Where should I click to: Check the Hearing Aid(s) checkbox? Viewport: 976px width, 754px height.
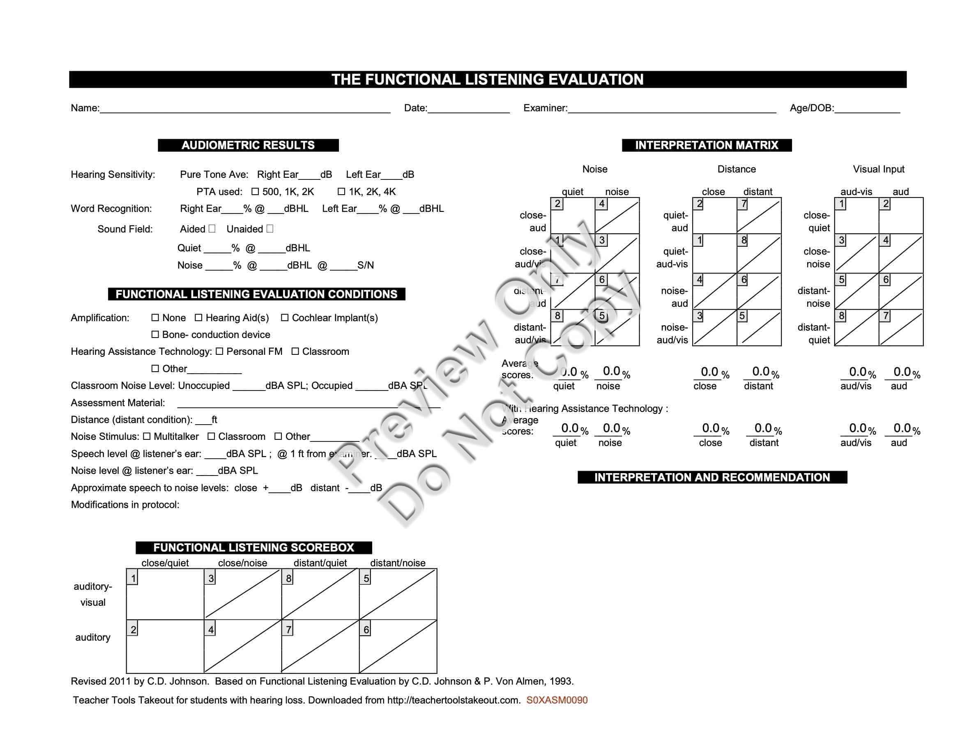tap(198, 317)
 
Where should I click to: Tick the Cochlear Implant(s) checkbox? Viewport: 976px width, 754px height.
tap(285, 317)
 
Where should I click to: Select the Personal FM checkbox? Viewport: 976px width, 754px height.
tap(219, 352)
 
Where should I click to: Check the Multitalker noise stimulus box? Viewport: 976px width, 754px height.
tap(147, 437)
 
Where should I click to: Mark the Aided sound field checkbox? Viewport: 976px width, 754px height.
tap(212, 229)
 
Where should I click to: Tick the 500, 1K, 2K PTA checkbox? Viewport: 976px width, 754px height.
tap(255, 192)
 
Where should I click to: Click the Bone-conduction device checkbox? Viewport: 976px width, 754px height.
tap(155, 335)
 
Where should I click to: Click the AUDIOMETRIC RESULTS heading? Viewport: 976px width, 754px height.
tap(248, 145)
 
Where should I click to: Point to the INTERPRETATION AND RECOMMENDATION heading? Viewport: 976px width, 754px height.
tap(712, 477)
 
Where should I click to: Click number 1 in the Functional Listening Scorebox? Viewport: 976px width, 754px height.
tap(133, 578)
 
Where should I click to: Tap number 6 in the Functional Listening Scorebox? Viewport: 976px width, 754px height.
tap(366, 630)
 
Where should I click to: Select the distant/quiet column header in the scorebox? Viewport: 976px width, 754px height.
tap(320, 563)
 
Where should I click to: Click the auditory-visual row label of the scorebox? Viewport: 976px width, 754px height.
tap(93, 594)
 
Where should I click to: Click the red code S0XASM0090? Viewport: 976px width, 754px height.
tap(557, 700)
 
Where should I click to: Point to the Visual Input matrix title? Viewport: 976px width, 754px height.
tap(878, 169)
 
